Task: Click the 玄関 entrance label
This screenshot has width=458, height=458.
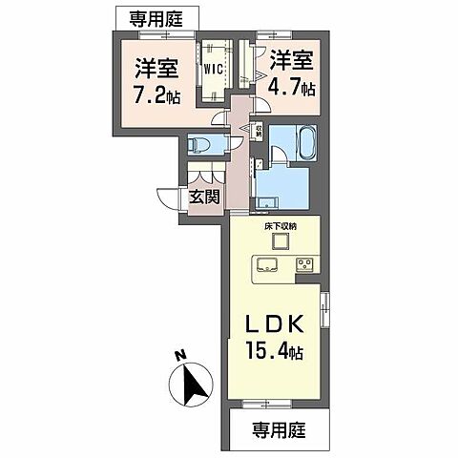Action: pyautogui.click(x=204, y=198)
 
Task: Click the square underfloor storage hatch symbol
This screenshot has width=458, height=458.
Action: pyautogui.click(x=278, y=240)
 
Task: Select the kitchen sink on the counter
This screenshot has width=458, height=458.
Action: pyautogui.click(x=263, y=265)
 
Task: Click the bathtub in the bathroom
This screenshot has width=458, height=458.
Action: pyautogui.click(x=287, y=144)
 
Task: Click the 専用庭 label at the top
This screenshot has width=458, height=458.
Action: pyautogui.click(x=158, y=16)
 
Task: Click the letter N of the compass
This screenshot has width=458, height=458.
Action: pyautogui.click(x=178, y=355)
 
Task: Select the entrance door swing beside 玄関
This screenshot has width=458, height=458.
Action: pyautogui.click(x=172, y=198)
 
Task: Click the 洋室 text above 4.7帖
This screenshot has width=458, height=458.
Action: pyautogui.click(x=292, y=60)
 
